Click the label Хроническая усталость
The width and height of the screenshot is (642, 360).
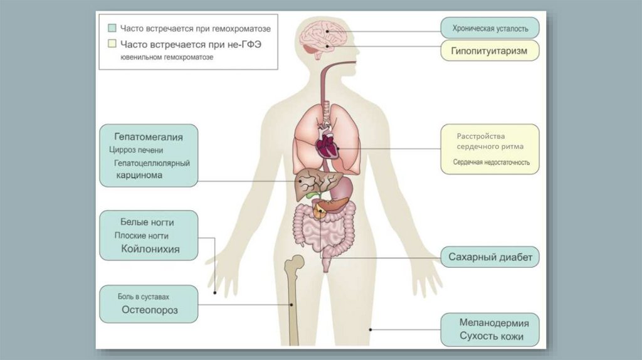490,28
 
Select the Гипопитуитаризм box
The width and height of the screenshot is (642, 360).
490,50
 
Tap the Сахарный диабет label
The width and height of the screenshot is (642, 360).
490,257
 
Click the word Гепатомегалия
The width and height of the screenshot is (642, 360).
148,136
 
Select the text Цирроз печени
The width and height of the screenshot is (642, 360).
135,150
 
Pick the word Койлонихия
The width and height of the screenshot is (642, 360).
150,249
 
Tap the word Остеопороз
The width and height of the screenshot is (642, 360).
150,310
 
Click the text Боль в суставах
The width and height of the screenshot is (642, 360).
144,296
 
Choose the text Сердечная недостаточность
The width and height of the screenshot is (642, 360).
492,162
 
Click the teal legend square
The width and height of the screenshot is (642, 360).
112,28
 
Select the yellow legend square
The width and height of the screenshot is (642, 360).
112,45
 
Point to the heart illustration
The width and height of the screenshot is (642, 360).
327,146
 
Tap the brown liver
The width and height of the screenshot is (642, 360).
312,183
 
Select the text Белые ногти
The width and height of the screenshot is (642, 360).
147,222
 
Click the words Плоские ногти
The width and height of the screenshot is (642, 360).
141,236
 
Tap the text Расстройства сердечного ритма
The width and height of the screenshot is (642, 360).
490,141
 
